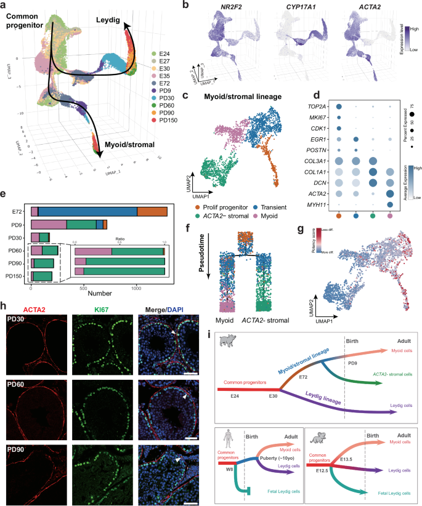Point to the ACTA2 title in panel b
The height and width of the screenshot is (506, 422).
(373, 8)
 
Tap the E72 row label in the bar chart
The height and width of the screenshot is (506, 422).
(19, 211)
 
